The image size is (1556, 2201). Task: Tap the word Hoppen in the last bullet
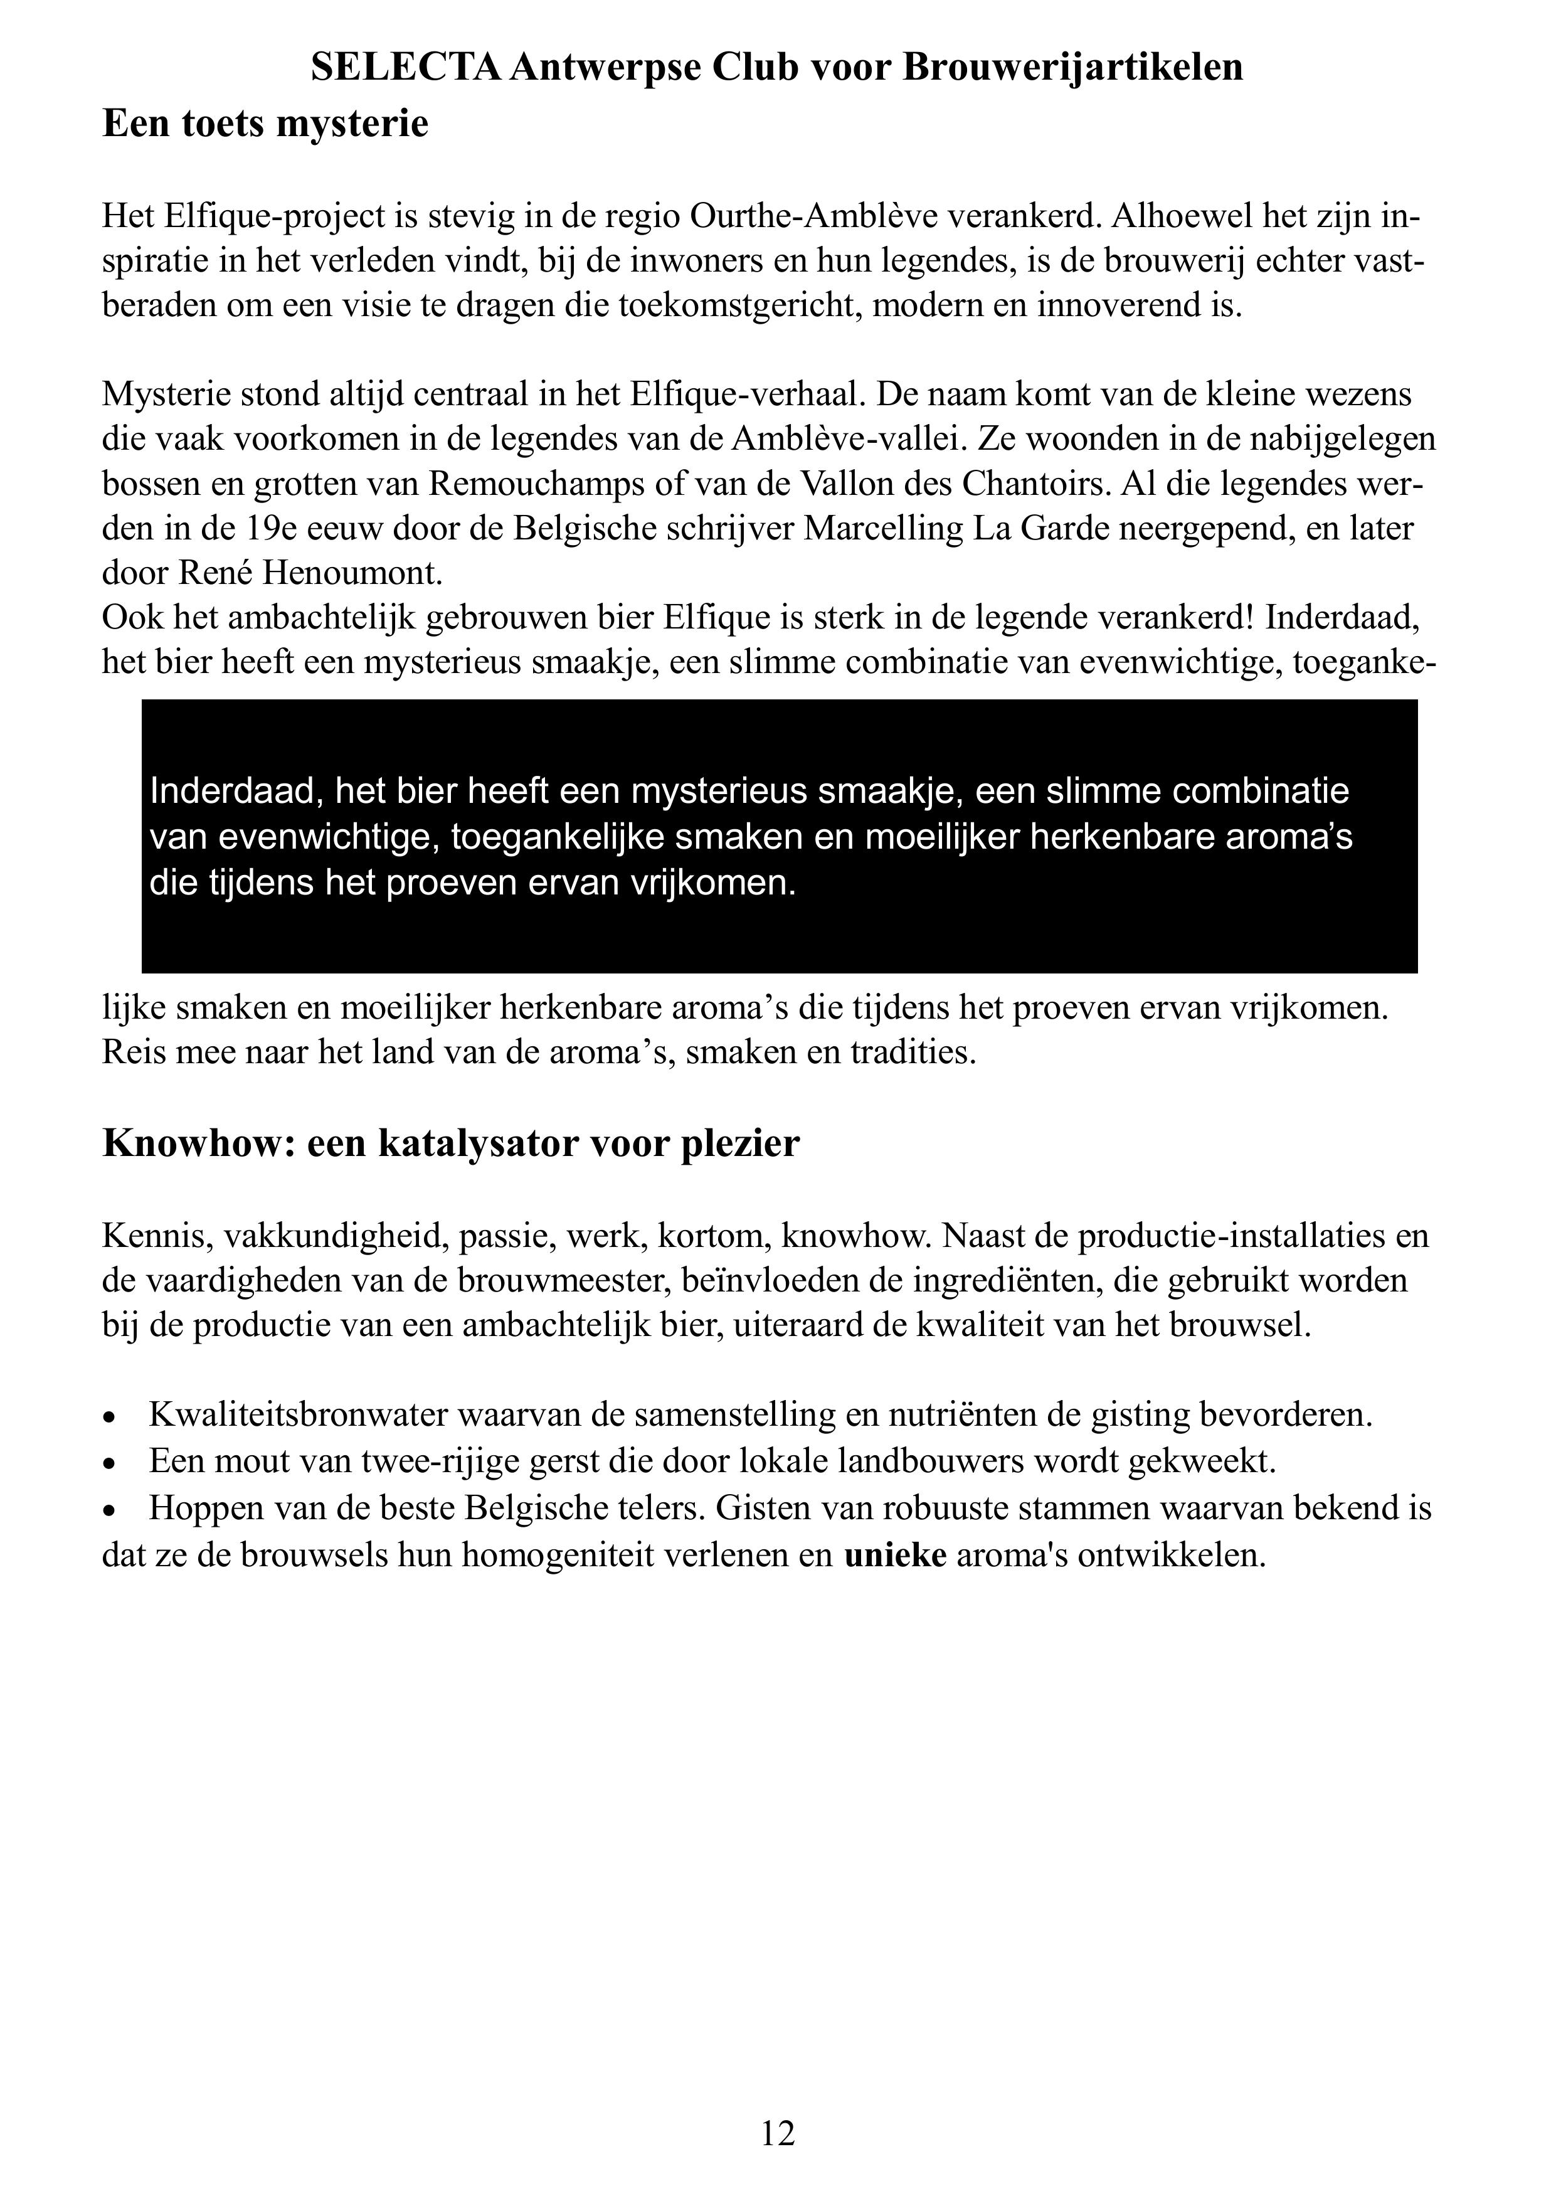pyautogui.click(x=206, y=1508)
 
